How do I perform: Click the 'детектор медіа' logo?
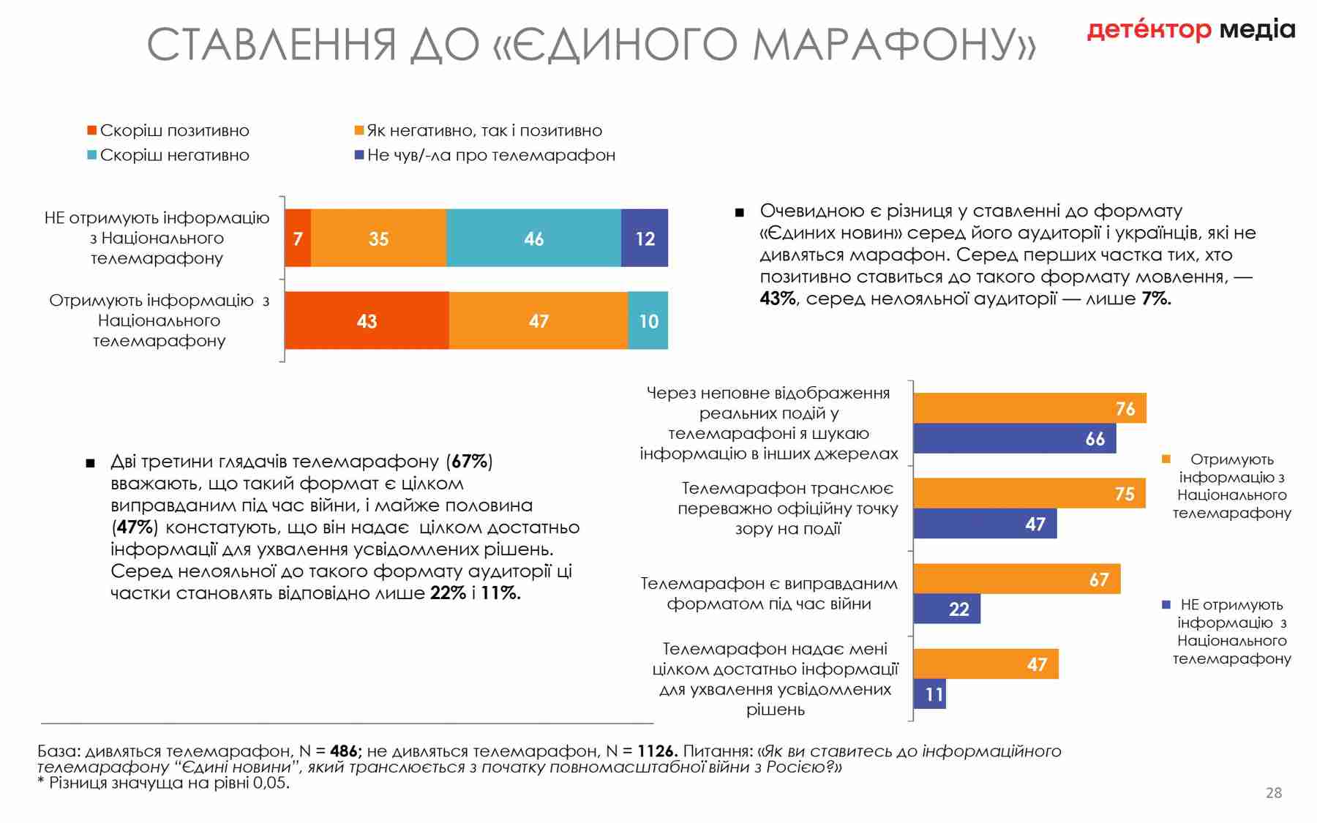pyautogui.click(x=1190, y=29)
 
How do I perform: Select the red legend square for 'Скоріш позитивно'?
pyautogui.click(x=92, y=130)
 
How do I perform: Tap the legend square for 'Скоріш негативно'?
pyautogui.click(x=92, y=155)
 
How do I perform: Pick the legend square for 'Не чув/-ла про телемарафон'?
pyautogui.click(x=359, y=155)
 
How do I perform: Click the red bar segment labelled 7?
pyautogui.click(x=297, y=238)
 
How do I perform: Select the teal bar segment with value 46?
pyautogui.click(x=533, y=238)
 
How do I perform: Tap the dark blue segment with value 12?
pyautogui.click(x=644, y=238)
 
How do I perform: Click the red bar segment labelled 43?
pyautogui.click(x=366, y=320)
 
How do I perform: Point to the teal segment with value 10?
pyautogui.click(x=648, y=320)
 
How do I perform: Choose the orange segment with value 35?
pyautogui.click(x=378, y=238)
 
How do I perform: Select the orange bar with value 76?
pyautogui.click(x=1029, y=408)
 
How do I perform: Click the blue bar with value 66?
pyautogui.click(x=1014, y=438)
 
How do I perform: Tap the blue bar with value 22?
pyautogui.click(x=947, y=609)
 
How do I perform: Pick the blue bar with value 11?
pyautogui.click(x=930, y=694)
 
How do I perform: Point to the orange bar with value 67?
pyautogui.click(x=1016, y=579)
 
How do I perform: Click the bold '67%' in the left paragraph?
pyautogui.click(x=469, y=462)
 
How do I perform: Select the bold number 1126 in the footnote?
pyautogui.click(x=656, y=751)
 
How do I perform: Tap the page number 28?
pyautogui.click(x=1274, y=793)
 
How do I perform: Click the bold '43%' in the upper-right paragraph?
pyautogui.click(x=777, y=298)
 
